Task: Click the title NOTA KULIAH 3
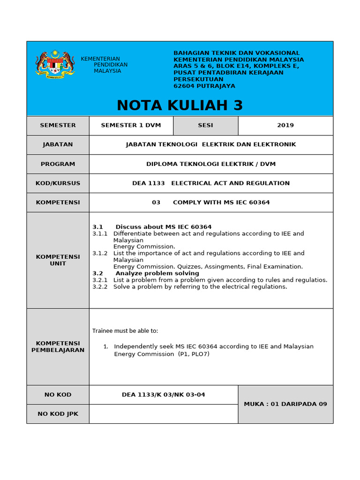pos(180,105)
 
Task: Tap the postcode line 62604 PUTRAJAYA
pos(204,86)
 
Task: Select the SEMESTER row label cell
pos(58,125)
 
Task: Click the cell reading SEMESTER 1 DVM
pos(131,125)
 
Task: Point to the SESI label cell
pos(205,125)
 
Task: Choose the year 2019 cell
pos(285,125)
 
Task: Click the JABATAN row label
pos(58,144)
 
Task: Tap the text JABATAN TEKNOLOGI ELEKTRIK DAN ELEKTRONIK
pos(211,144)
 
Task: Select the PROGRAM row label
pos(58,164)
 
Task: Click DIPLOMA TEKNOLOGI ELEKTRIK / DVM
pos(211,164)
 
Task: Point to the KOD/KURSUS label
pos(58,183)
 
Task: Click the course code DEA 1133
pos(149,183)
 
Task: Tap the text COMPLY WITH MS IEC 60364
pos(221,202)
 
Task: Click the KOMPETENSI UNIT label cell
pos(58,260)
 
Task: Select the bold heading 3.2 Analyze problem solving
pos(146,273)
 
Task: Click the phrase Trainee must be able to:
pos(125,331)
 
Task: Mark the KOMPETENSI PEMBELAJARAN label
pos(58,346)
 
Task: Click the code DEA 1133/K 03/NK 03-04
pos(163,395)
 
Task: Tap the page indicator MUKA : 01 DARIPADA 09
pos(285,404)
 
